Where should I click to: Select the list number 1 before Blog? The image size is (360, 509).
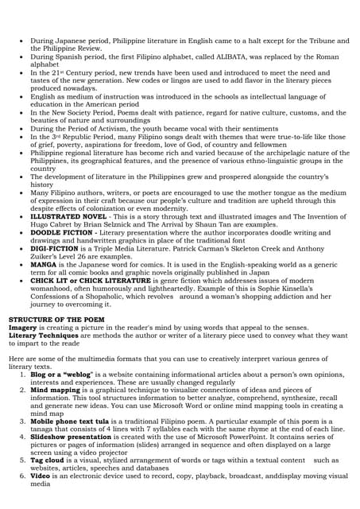(22, 374)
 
